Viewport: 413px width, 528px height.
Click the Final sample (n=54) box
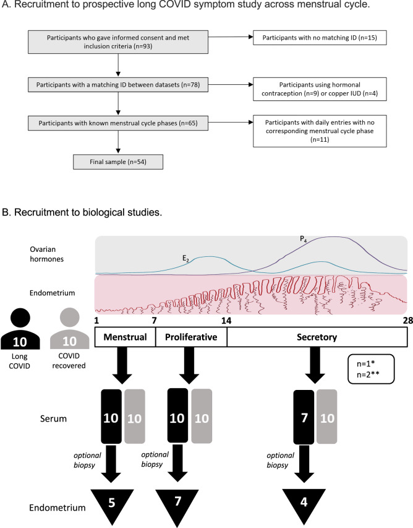point(118,162)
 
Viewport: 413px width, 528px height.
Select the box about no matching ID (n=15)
point(320,38)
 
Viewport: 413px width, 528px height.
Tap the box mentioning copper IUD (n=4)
point(320,89)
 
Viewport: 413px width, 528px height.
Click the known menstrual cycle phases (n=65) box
point(118,123)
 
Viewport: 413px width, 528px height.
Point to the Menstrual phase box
point(125,337)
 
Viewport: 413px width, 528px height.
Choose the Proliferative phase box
point(191,337)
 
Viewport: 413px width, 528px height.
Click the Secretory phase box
point(317,337)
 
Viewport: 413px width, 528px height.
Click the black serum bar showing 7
point(304,417)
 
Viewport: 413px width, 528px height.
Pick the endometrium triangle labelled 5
point(112,505)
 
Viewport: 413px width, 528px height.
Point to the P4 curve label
point(303,239)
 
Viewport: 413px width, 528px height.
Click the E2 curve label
point(185,259)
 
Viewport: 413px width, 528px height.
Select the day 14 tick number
point(226,321)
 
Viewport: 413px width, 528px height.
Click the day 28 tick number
point(408,321)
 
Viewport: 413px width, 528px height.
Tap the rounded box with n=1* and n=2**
point(371,369)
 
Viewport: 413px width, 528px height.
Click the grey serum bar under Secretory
point(326,417)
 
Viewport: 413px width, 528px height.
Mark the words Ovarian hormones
point(47,254)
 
